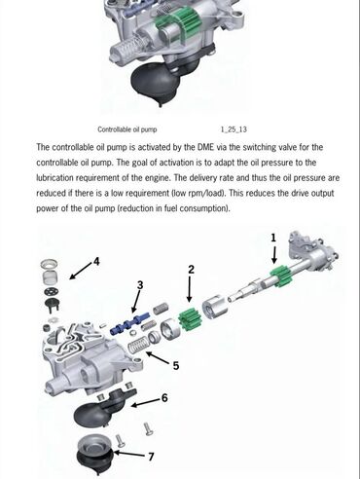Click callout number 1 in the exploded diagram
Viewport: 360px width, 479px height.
273,238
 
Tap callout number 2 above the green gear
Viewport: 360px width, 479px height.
192,270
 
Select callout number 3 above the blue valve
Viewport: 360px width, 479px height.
140,285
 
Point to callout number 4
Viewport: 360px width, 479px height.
96,262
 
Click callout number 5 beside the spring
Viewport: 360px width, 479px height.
176,366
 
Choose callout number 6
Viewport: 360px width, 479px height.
164,398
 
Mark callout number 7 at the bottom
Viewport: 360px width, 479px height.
151,457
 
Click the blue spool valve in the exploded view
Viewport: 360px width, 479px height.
129,323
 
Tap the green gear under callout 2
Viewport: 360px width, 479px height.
191,319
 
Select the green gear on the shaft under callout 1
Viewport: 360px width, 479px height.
282,276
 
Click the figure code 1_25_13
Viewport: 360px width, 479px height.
234,129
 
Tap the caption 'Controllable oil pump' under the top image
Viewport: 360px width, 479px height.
127,129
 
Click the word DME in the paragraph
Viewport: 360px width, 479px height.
205,147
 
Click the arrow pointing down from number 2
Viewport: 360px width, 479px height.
190,289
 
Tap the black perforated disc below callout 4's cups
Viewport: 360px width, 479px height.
52,291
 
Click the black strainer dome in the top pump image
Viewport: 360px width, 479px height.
155,85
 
